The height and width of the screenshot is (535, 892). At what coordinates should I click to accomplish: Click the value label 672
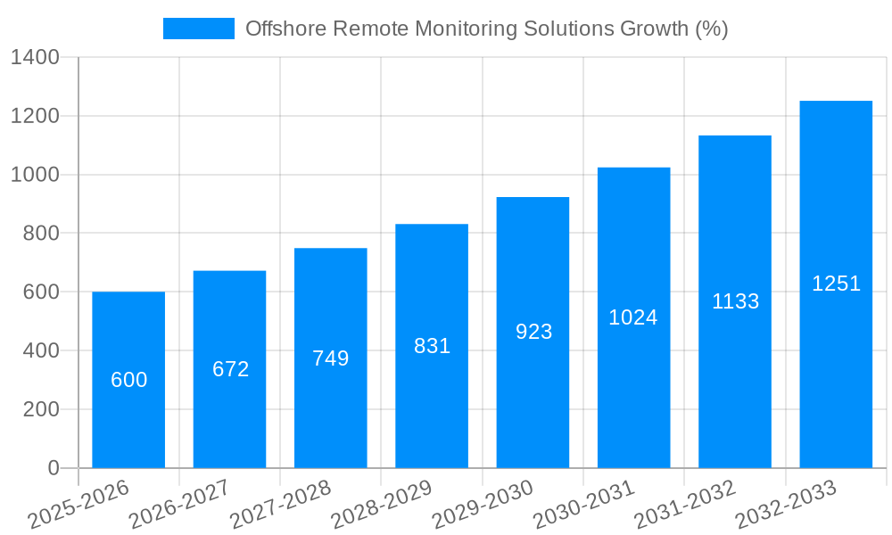[x=230, y=369]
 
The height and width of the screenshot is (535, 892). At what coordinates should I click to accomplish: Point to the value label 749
[x=331, y=358]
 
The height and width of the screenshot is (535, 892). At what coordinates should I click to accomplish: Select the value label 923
[x=533, y=332]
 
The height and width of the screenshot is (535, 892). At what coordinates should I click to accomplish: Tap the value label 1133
[x=735, y=301]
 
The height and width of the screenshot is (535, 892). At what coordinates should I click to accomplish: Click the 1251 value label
[x=836, y=284]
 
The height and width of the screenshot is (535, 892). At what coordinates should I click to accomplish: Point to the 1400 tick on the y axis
[x=35, y=58]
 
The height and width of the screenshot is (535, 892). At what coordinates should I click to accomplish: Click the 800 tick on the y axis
[x=41, y=234]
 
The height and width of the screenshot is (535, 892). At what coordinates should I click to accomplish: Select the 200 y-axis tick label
[x=41, y=410]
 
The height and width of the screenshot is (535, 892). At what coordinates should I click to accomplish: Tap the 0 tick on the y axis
[x=54, y=468]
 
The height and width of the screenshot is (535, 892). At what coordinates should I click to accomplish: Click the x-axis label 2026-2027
[x=179, y=504]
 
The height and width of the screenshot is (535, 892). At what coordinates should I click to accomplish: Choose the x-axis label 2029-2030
[x=483, y=504]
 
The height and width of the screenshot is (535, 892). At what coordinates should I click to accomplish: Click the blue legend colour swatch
[x=198, y=29]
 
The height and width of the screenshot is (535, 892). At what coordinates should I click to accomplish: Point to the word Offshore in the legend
[x=285, y=29]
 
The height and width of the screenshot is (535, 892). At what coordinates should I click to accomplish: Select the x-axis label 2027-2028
[x=280, y=504]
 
